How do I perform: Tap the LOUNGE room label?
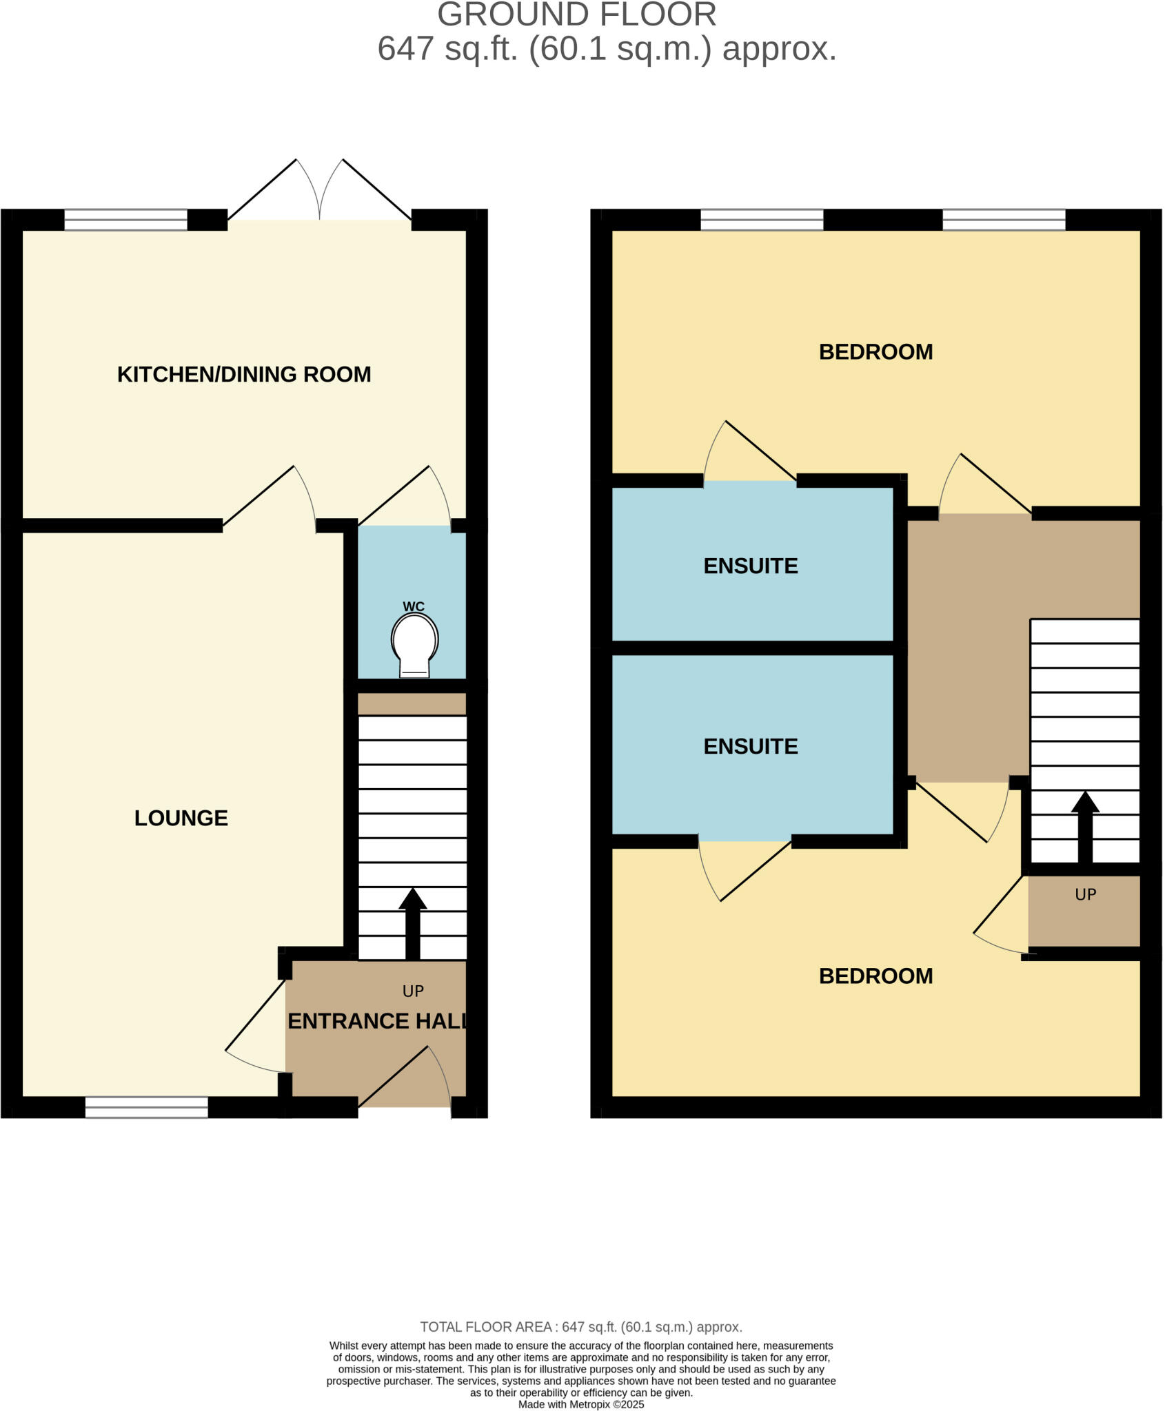click(x=181, y=818)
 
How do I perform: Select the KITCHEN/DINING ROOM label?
click(x=244, y=374)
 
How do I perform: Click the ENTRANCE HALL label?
click(x=376, y=1021)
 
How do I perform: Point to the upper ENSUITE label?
click(x=751, y=566)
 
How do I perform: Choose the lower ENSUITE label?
click(x=751, y=746)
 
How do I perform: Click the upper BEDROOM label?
click(x=875, y=352)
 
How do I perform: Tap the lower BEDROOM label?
click(x=875, y=976)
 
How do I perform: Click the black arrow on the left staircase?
click(x=412, y=923)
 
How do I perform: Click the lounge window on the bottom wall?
click(x=146, y=1107)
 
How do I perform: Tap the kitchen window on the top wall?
click(x=125, y=220)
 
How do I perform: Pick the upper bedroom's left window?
click(x=762, y=220)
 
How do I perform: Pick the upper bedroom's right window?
click(x=1004, y=220)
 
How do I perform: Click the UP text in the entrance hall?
click(x=413, y=991)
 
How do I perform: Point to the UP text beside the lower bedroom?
click(x=1085, y=894)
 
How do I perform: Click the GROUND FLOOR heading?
click(x=577, y=15)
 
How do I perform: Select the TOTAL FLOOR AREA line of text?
click(x=581, y=1327)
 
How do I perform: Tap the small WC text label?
click(x=414, y=606)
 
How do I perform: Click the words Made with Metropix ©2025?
click(x=581, y=1404)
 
